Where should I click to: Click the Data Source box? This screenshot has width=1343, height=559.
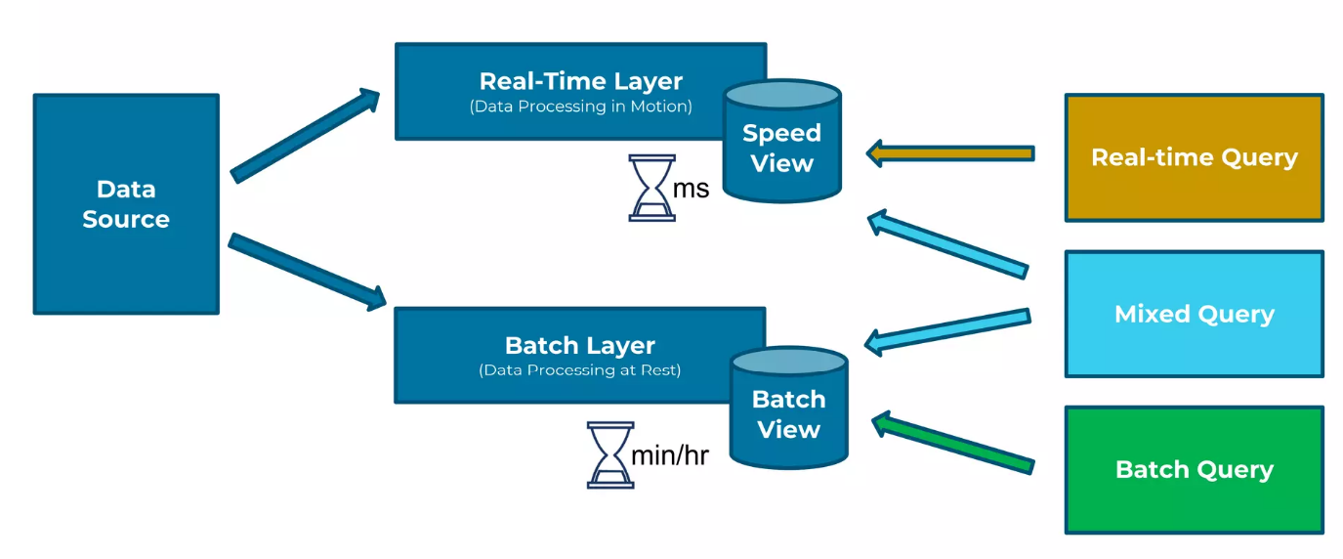[126, 204]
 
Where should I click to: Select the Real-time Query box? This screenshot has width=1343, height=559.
[1194, 157]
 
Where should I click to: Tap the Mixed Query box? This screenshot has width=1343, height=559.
[1194, 315]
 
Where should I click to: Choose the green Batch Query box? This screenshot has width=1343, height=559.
[1194, 470]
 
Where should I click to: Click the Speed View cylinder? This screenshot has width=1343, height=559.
[781, 142]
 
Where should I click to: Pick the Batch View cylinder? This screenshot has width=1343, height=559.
[788, 408]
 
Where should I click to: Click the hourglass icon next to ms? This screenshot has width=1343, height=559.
[651, 188]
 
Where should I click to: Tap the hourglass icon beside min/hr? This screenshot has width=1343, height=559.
[610, 454]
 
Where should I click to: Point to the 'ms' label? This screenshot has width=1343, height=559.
[691, 189]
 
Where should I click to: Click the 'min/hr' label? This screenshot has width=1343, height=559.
[670, 455]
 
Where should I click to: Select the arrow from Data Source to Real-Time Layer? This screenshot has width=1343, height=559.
[305, 136]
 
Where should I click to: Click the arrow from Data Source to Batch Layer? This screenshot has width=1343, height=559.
[308, 272]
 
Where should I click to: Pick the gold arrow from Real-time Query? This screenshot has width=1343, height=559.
[950, 153]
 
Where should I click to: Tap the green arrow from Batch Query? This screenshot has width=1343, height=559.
[952, 443]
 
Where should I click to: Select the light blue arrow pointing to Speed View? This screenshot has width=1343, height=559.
[947, 243]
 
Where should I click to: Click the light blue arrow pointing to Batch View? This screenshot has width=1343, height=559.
[947, 331]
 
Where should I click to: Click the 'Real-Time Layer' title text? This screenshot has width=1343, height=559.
[580, 81]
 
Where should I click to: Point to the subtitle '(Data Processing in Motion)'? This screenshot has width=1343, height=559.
[580, 107]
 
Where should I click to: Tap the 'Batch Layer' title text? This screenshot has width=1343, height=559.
[580, 346]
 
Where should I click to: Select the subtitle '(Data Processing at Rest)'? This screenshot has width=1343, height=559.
[580, 370]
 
